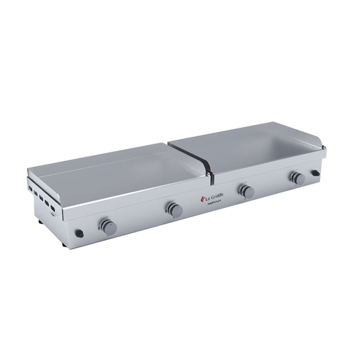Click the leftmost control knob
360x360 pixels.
[x=107, y=226]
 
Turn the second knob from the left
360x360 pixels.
[x=174, y=209]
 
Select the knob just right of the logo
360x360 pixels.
[x=247, y=191]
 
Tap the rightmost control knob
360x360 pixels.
[x=297, y=178]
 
